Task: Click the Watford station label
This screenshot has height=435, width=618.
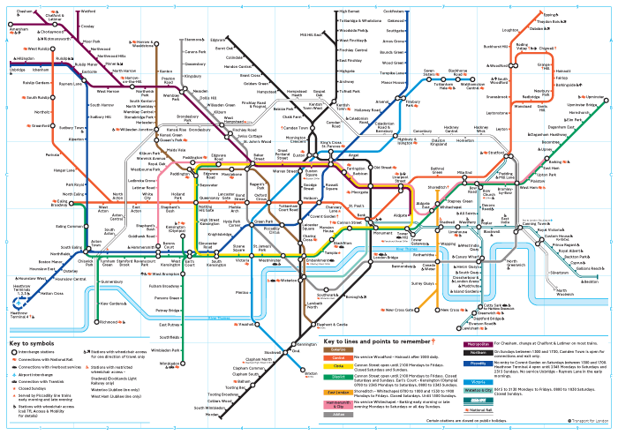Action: click(x=88, y=11)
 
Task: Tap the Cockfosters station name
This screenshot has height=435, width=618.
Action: click(x=395, y=11)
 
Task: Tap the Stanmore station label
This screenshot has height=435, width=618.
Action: click(x=194, y=40)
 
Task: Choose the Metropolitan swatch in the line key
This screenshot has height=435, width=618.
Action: click(x=479, y=344)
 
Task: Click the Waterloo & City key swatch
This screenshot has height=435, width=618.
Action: click(x=479, y=389)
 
